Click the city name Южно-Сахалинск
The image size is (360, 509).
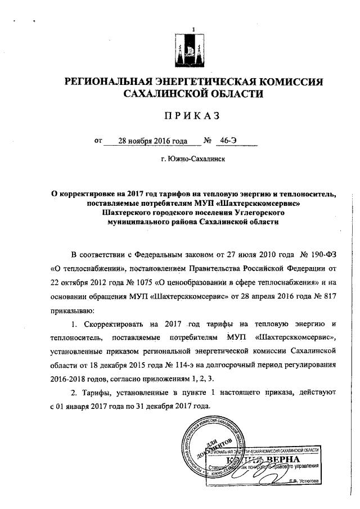click(193, 159)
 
